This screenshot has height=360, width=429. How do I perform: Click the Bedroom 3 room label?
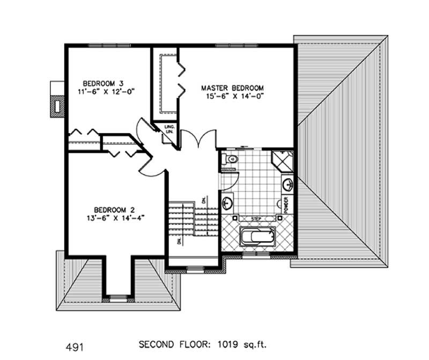(103, 83)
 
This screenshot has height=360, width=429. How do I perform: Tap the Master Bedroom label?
(232, 87)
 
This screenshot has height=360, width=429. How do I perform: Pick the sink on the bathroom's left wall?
(227, 203)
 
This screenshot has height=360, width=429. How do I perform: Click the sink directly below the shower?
(287, 184)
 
